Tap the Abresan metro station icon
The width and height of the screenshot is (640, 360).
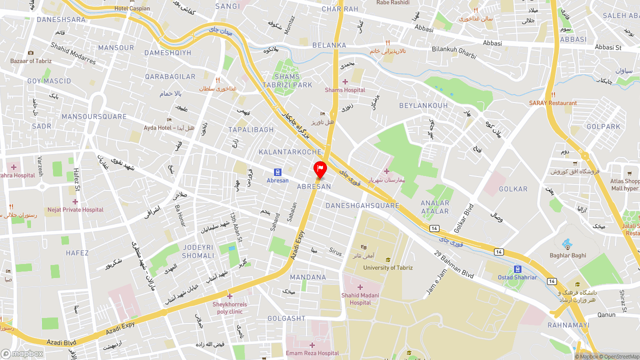[x=278, y=172]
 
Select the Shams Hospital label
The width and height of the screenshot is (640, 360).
[x=345, y=90]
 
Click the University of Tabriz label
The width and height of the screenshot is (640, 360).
[x=388, y=267]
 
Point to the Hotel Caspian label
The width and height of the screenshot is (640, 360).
[x=132, y=8]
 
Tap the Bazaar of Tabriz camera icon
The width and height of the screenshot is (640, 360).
[x=31, y=53]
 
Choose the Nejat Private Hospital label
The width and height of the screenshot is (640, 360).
[x=75, y=210]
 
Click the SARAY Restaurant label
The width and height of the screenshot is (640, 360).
[x=553, y=103]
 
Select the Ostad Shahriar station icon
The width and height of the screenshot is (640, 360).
[x=517, y=269]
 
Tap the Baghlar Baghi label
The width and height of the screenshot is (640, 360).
[x=567, y=255]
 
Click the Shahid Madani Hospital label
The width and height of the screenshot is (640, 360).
[x=360, y=299]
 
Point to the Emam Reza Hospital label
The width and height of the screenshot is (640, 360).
[x=312, y=353]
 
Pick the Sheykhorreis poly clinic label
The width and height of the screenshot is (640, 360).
[x=229, y=308]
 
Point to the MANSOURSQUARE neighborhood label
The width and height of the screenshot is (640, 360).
[x=94, y=117]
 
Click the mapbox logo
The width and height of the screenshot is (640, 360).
[x=22, y=353]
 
